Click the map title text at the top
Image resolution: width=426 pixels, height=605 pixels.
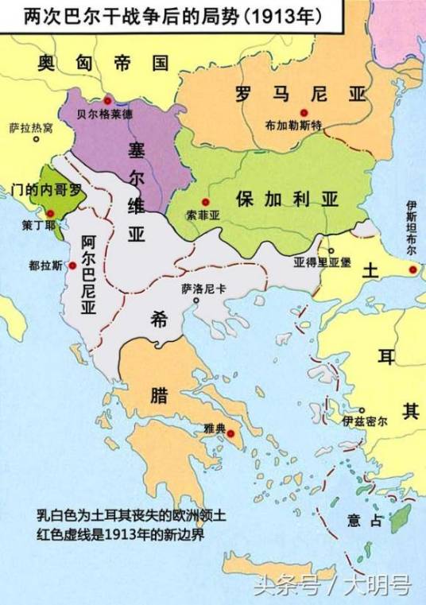[x=171, y=16]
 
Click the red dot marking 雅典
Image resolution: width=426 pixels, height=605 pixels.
[x=231, y=434]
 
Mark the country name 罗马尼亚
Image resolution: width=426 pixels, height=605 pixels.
[x=303, y=94]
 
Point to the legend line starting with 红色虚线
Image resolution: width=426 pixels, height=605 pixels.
[x=120, y=534]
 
